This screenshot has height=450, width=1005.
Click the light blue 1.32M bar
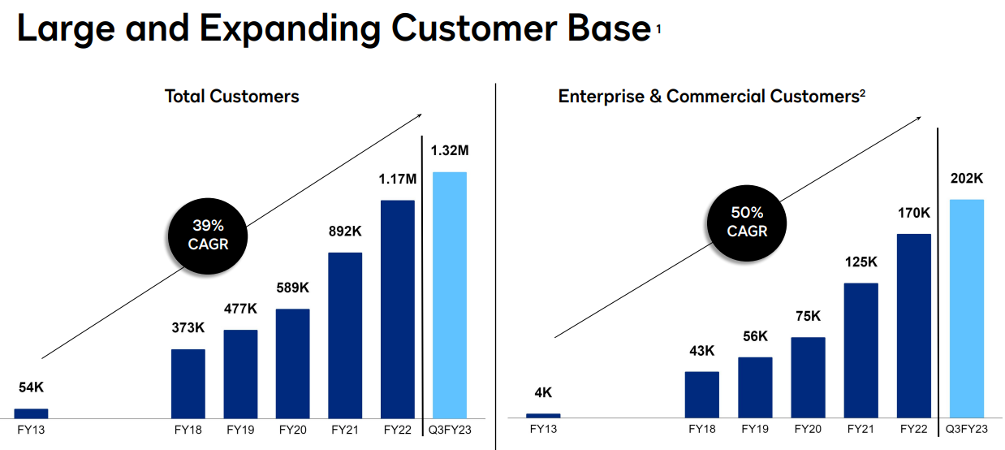click(x=450, y=295)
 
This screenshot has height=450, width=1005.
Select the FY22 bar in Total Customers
click(x=397, y=309)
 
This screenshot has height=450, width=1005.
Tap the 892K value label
click(x=345, y=231)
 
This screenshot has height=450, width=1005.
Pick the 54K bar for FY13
click(x=31, y=413)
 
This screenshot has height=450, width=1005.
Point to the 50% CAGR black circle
click(x=747, y=221)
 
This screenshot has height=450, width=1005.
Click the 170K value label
click(x=914, y=213)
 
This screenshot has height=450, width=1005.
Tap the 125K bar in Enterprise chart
click(x=861, y=350)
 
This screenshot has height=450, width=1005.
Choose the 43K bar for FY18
click(x=702, y=395)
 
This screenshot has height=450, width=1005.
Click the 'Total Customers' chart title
click(x=232, y=96)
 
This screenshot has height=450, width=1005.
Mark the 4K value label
click(x=543, y=393)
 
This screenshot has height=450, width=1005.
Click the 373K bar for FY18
click(x=188, y=383)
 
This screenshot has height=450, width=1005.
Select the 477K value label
click(x=240, y=309)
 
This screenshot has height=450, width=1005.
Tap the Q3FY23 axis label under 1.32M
click(x=450, y=429)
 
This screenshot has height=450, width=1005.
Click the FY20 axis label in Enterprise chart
click(x=807, y=429)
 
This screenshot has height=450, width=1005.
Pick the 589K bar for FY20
click(x=292, y=363)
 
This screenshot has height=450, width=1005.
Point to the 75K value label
click(x=808, y=316)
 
